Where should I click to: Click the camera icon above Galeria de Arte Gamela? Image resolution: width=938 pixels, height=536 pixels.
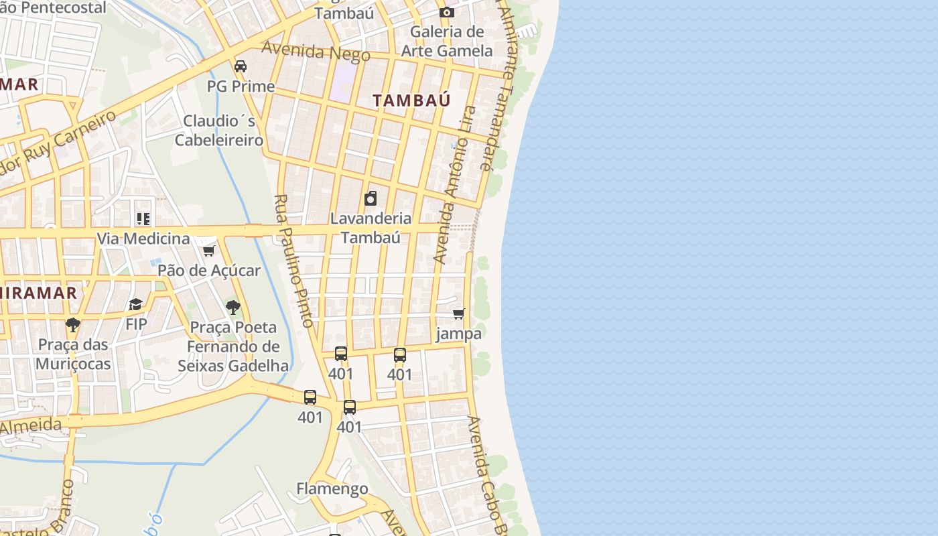point(447,12)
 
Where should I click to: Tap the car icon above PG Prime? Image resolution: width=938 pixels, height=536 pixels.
point(241,66)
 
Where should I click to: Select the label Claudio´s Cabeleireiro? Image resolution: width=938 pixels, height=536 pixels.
point(219,131)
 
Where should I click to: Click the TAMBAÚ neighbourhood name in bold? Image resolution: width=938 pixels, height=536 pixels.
point(411,100)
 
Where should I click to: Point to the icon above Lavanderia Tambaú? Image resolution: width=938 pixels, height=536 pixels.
point(371,198)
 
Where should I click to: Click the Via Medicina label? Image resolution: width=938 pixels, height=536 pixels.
point(143,239)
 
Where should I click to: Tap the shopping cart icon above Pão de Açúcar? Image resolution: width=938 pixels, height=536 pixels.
point(208,251)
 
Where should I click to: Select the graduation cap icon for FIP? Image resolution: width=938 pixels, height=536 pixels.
point(136,305)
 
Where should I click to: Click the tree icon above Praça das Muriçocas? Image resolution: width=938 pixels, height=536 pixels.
point(73,326)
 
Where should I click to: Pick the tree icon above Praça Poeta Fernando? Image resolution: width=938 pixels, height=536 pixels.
point(233,308)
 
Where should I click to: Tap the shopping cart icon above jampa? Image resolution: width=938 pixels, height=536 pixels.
point(459,314)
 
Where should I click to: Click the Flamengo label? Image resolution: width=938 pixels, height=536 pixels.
point(332,488)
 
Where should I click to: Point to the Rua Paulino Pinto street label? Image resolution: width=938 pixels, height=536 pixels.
point(294,261)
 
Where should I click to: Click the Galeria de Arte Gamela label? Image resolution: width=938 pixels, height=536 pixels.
point(447,41)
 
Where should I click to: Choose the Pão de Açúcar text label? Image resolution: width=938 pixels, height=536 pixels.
point(209,271)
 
